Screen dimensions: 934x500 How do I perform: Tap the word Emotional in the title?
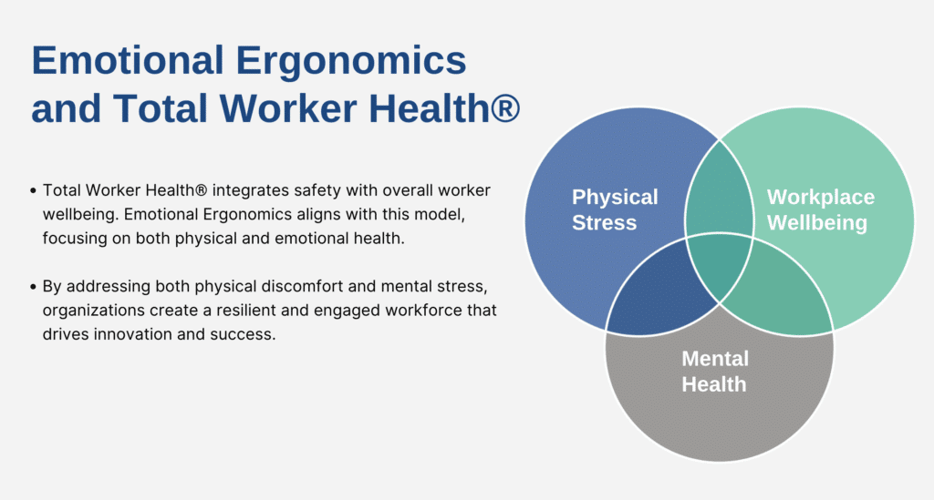pos(128,60)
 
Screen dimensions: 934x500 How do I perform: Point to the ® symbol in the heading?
pos(505,108)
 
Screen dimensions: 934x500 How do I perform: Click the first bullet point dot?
pos(34,191)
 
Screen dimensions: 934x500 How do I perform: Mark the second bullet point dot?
pos(34,287)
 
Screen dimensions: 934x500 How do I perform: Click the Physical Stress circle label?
pos(615,209)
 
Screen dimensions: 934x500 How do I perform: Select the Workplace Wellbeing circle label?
pos(820,209)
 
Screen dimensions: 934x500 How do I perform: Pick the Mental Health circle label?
pos(715,372)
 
